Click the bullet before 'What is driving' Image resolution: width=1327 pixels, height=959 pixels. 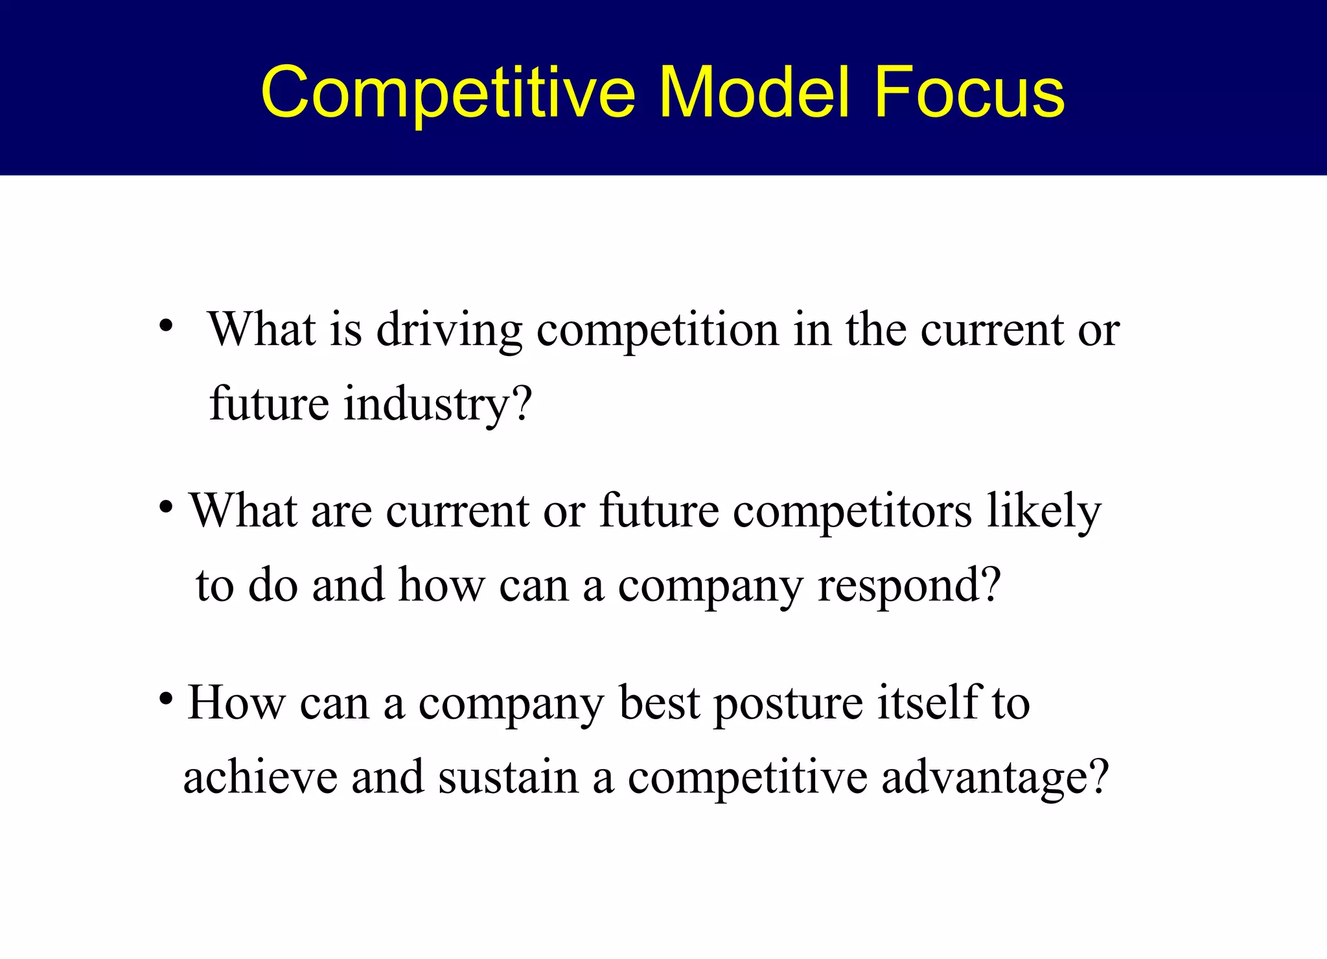click(166, 326)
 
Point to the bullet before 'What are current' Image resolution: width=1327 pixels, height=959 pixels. click(166, 506)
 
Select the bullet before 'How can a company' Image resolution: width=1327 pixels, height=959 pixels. click(166, 699)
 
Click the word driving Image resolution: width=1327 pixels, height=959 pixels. click(449, 331)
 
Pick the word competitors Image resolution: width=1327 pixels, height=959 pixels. click(852, 512)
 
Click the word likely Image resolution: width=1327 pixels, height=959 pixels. click(1044, 512)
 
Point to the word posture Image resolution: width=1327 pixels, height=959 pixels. click(788, 704)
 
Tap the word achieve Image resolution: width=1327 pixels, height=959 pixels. click(260, 777)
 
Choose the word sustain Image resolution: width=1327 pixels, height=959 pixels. click(508, 777)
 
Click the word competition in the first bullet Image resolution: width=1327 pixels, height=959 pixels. click(658, 331)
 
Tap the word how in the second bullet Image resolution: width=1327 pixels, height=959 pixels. click(441, 585)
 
